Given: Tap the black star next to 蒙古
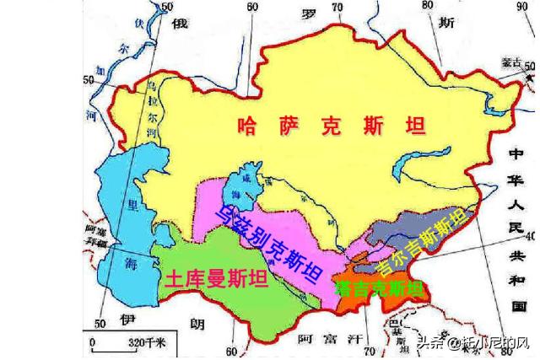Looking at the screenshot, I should pyautogui.click(x=516, y=73).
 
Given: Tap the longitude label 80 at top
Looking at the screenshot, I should pyautogui.click(x=426, y=6).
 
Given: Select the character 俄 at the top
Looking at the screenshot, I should pyautogui.click(x=179, y=24).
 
